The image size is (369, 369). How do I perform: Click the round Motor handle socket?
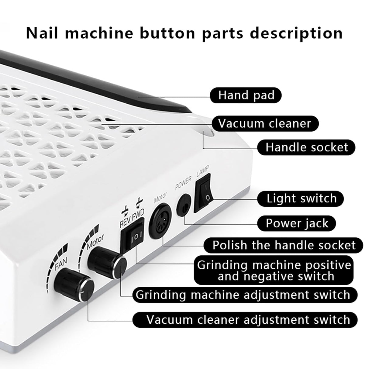coord(160,218)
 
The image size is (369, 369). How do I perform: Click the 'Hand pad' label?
coord(246,95)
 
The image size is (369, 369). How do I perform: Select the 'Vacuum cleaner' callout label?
coord(264,124)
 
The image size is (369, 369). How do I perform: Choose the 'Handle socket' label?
coord(306,147)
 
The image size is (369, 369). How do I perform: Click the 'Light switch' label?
coord(301,198)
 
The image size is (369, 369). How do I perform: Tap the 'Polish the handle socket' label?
coord(283,245)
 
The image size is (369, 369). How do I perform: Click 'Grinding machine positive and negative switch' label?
coord(274,270)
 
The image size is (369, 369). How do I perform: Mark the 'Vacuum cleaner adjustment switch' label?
coord(248,320)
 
